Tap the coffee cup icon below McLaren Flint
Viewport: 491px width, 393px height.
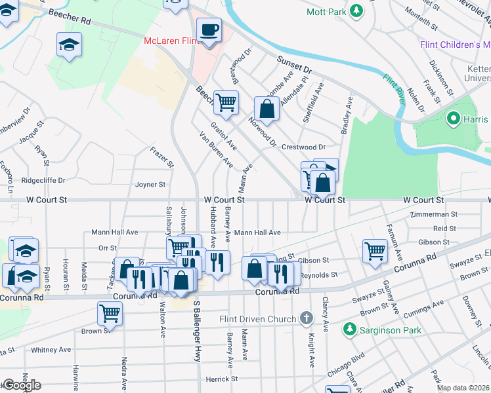[x=209, y=30]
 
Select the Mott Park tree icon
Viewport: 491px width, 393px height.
[x=356, y=10]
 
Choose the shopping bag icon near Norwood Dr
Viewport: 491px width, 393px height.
[x=267, y=109]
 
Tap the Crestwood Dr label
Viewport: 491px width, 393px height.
[x=303, y=147]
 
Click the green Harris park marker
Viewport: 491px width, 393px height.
[x=452, y=119]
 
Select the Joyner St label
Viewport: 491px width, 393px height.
[x=150, y=185]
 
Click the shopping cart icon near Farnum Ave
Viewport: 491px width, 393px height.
[x=375, y=250]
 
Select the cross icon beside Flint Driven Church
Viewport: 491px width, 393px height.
[x=305, y=319]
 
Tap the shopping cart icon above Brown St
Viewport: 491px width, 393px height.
[x=109, y=312]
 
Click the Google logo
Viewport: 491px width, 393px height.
[x=22, y=385]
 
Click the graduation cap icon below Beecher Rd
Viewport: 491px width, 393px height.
[x=68, y=46]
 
